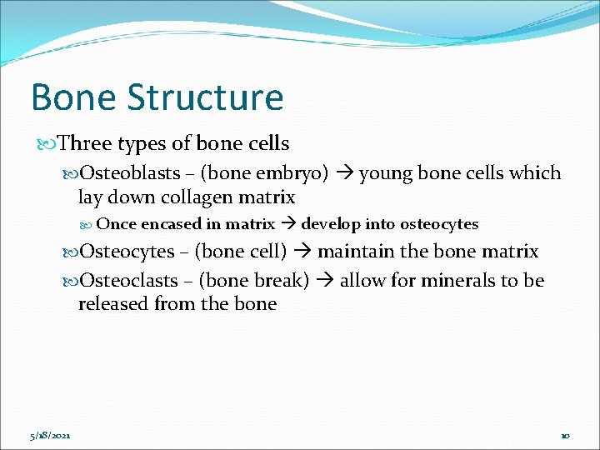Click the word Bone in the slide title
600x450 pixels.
[72, 97]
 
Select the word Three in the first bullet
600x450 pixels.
[86, 144]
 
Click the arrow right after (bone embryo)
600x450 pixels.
[343, 173]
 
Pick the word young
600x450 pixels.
[386, 173]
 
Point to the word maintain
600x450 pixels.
[354, 252]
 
